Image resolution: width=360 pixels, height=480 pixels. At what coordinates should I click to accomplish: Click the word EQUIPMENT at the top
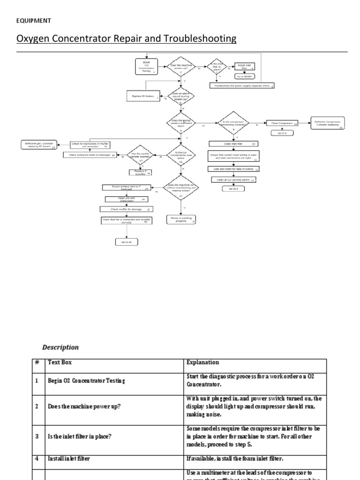[x=34, y=21]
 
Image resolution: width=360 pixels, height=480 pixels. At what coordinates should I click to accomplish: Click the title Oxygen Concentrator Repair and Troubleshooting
[x=127, y=38]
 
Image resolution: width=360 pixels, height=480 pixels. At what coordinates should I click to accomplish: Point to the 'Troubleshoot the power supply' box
[x=242, y=86]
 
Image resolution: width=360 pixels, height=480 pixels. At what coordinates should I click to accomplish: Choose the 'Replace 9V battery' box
[x=143, y=96]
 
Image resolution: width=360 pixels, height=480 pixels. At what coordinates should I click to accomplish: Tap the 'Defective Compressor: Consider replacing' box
[x=327, y=123]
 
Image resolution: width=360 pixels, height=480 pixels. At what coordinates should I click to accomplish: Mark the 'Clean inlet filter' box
[x=233, y=143]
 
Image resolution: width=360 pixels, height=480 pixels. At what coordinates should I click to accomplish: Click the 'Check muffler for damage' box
[x=125, y=209]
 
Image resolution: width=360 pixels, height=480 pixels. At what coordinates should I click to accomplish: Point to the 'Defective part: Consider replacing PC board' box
[x=38, y=145]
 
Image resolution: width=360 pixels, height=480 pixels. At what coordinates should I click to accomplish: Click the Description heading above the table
[x=60, y=347]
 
